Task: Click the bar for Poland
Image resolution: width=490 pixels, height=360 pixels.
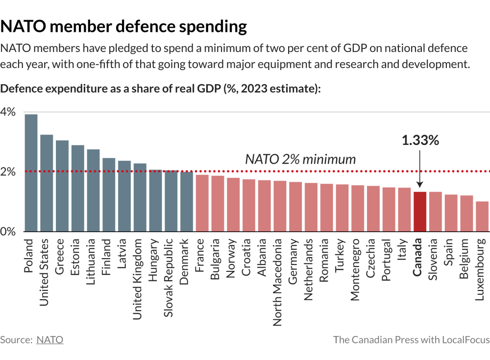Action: [x=31, y=172]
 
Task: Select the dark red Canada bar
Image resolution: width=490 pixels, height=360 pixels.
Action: [x=419, y=212]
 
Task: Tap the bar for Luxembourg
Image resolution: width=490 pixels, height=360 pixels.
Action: [x=482, y=216]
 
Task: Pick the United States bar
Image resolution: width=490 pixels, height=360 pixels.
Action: [x=47, y=183]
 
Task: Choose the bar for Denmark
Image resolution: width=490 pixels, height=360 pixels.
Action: [x=186, y=201]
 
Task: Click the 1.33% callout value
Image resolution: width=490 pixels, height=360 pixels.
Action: [x=420, y=140]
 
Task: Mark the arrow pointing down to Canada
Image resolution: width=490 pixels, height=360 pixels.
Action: [x=420, y=169]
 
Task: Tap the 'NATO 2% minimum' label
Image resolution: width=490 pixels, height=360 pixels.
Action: [x=300, y=159]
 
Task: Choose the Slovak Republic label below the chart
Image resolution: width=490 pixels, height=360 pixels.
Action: [x=170, y=278]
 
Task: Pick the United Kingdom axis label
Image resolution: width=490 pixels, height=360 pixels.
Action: [x=139, y=279]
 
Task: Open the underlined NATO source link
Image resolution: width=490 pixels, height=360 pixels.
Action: [x=50, y=339]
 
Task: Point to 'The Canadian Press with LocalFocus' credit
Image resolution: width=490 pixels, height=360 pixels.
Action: [x=411, y=339]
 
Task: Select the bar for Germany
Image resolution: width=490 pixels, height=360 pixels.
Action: [x=295, y=207]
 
